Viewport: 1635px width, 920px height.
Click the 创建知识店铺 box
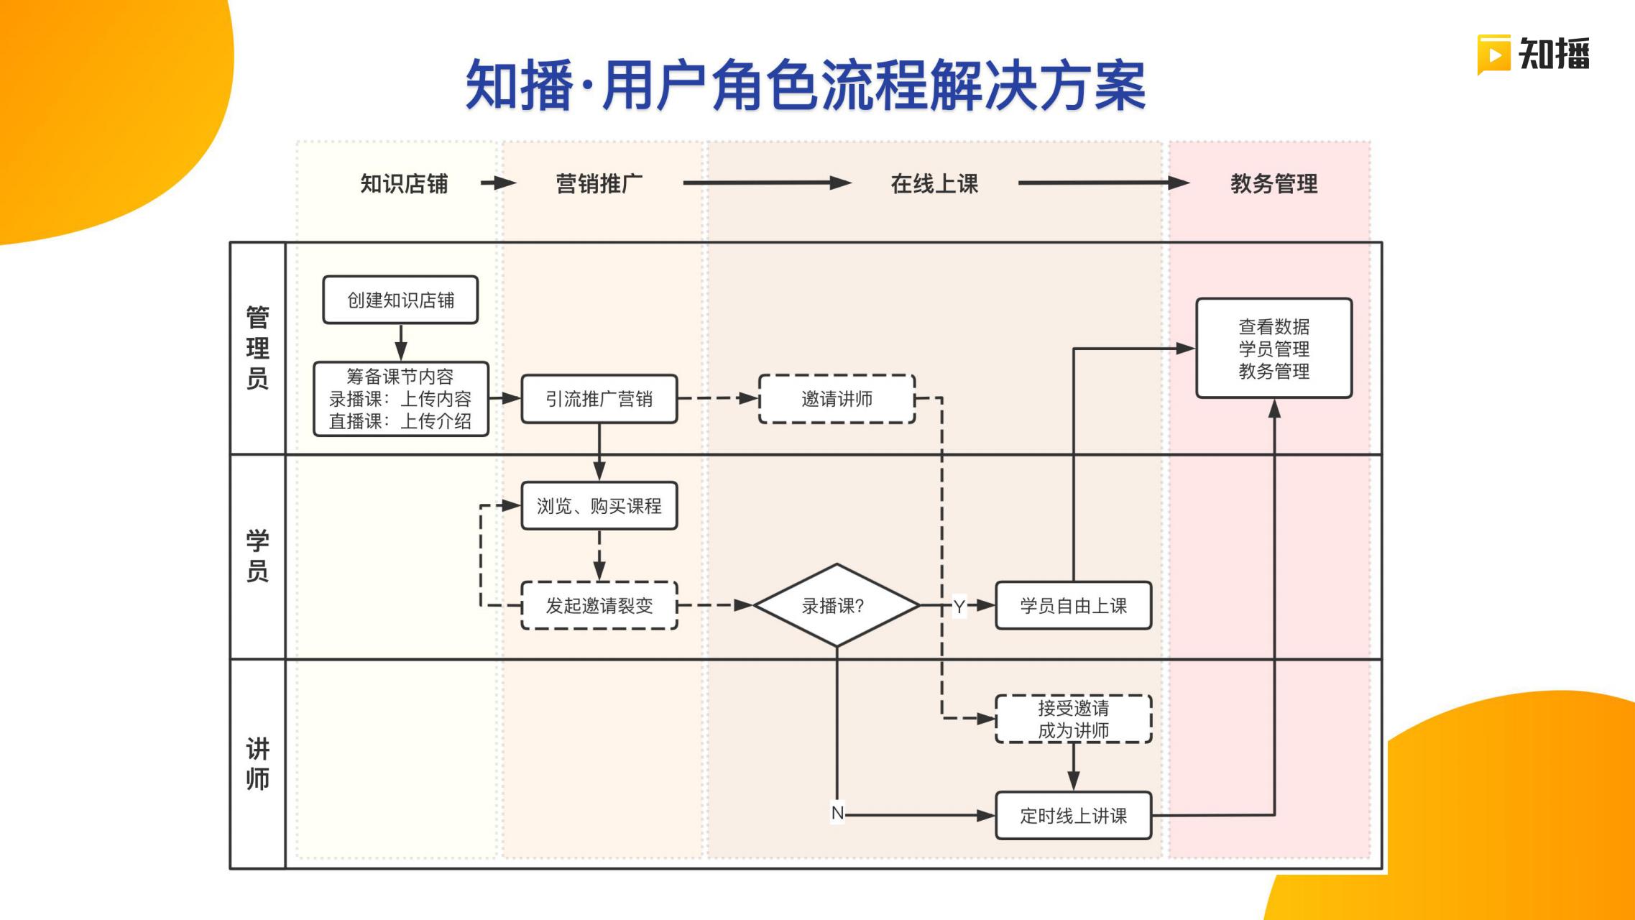point(400,300)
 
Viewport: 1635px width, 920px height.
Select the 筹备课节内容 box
point(400,399)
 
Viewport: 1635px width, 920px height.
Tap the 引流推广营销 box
point(599,399)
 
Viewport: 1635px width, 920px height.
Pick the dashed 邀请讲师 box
point(837,399)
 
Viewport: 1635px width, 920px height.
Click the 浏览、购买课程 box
point(599,506)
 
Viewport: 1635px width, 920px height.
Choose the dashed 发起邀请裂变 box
point(599,606)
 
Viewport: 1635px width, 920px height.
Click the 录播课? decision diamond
point(836,606)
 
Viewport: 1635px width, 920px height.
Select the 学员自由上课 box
point(1073,606)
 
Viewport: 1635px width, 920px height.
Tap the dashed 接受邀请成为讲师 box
point(1073,719)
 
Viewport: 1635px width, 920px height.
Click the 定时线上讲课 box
point(1073,816)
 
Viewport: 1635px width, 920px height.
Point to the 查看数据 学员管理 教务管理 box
point(1274,349)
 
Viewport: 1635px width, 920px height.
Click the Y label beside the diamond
point(959,607)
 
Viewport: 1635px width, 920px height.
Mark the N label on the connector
point(837,813)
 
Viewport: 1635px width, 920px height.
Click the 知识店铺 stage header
point(404,184)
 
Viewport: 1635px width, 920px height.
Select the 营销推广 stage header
point(599,184)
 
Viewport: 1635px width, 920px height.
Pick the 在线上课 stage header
point(934,184)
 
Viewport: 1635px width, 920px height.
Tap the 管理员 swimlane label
point(257,348)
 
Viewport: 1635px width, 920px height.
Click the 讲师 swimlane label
point(257,763)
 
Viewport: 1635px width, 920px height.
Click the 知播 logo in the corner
point(1534,55)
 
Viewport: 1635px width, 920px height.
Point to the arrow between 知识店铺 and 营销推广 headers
point(498,183)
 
